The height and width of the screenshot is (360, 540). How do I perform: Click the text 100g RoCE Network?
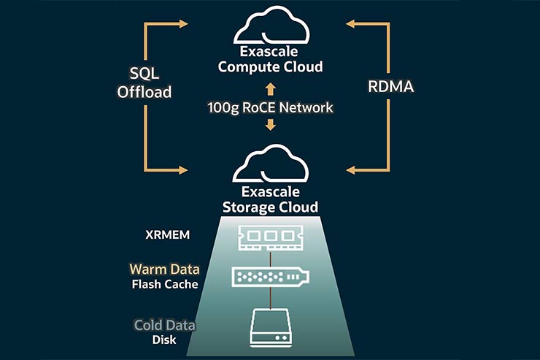tap(270, 108)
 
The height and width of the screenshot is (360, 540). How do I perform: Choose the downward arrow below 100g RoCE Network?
tap(270, 126)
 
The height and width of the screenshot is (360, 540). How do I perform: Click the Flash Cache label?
tap(165, 284)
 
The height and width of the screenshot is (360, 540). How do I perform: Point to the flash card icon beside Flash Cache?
tap(270, 276)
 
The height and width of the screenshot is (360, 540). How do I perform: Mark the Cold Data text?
tap(163, 325)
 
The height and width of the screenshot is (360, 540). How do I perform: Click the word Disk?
tap(164, 339)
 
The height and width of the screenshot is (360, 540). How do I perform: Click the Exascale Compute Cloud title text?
tap(270, 59)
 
